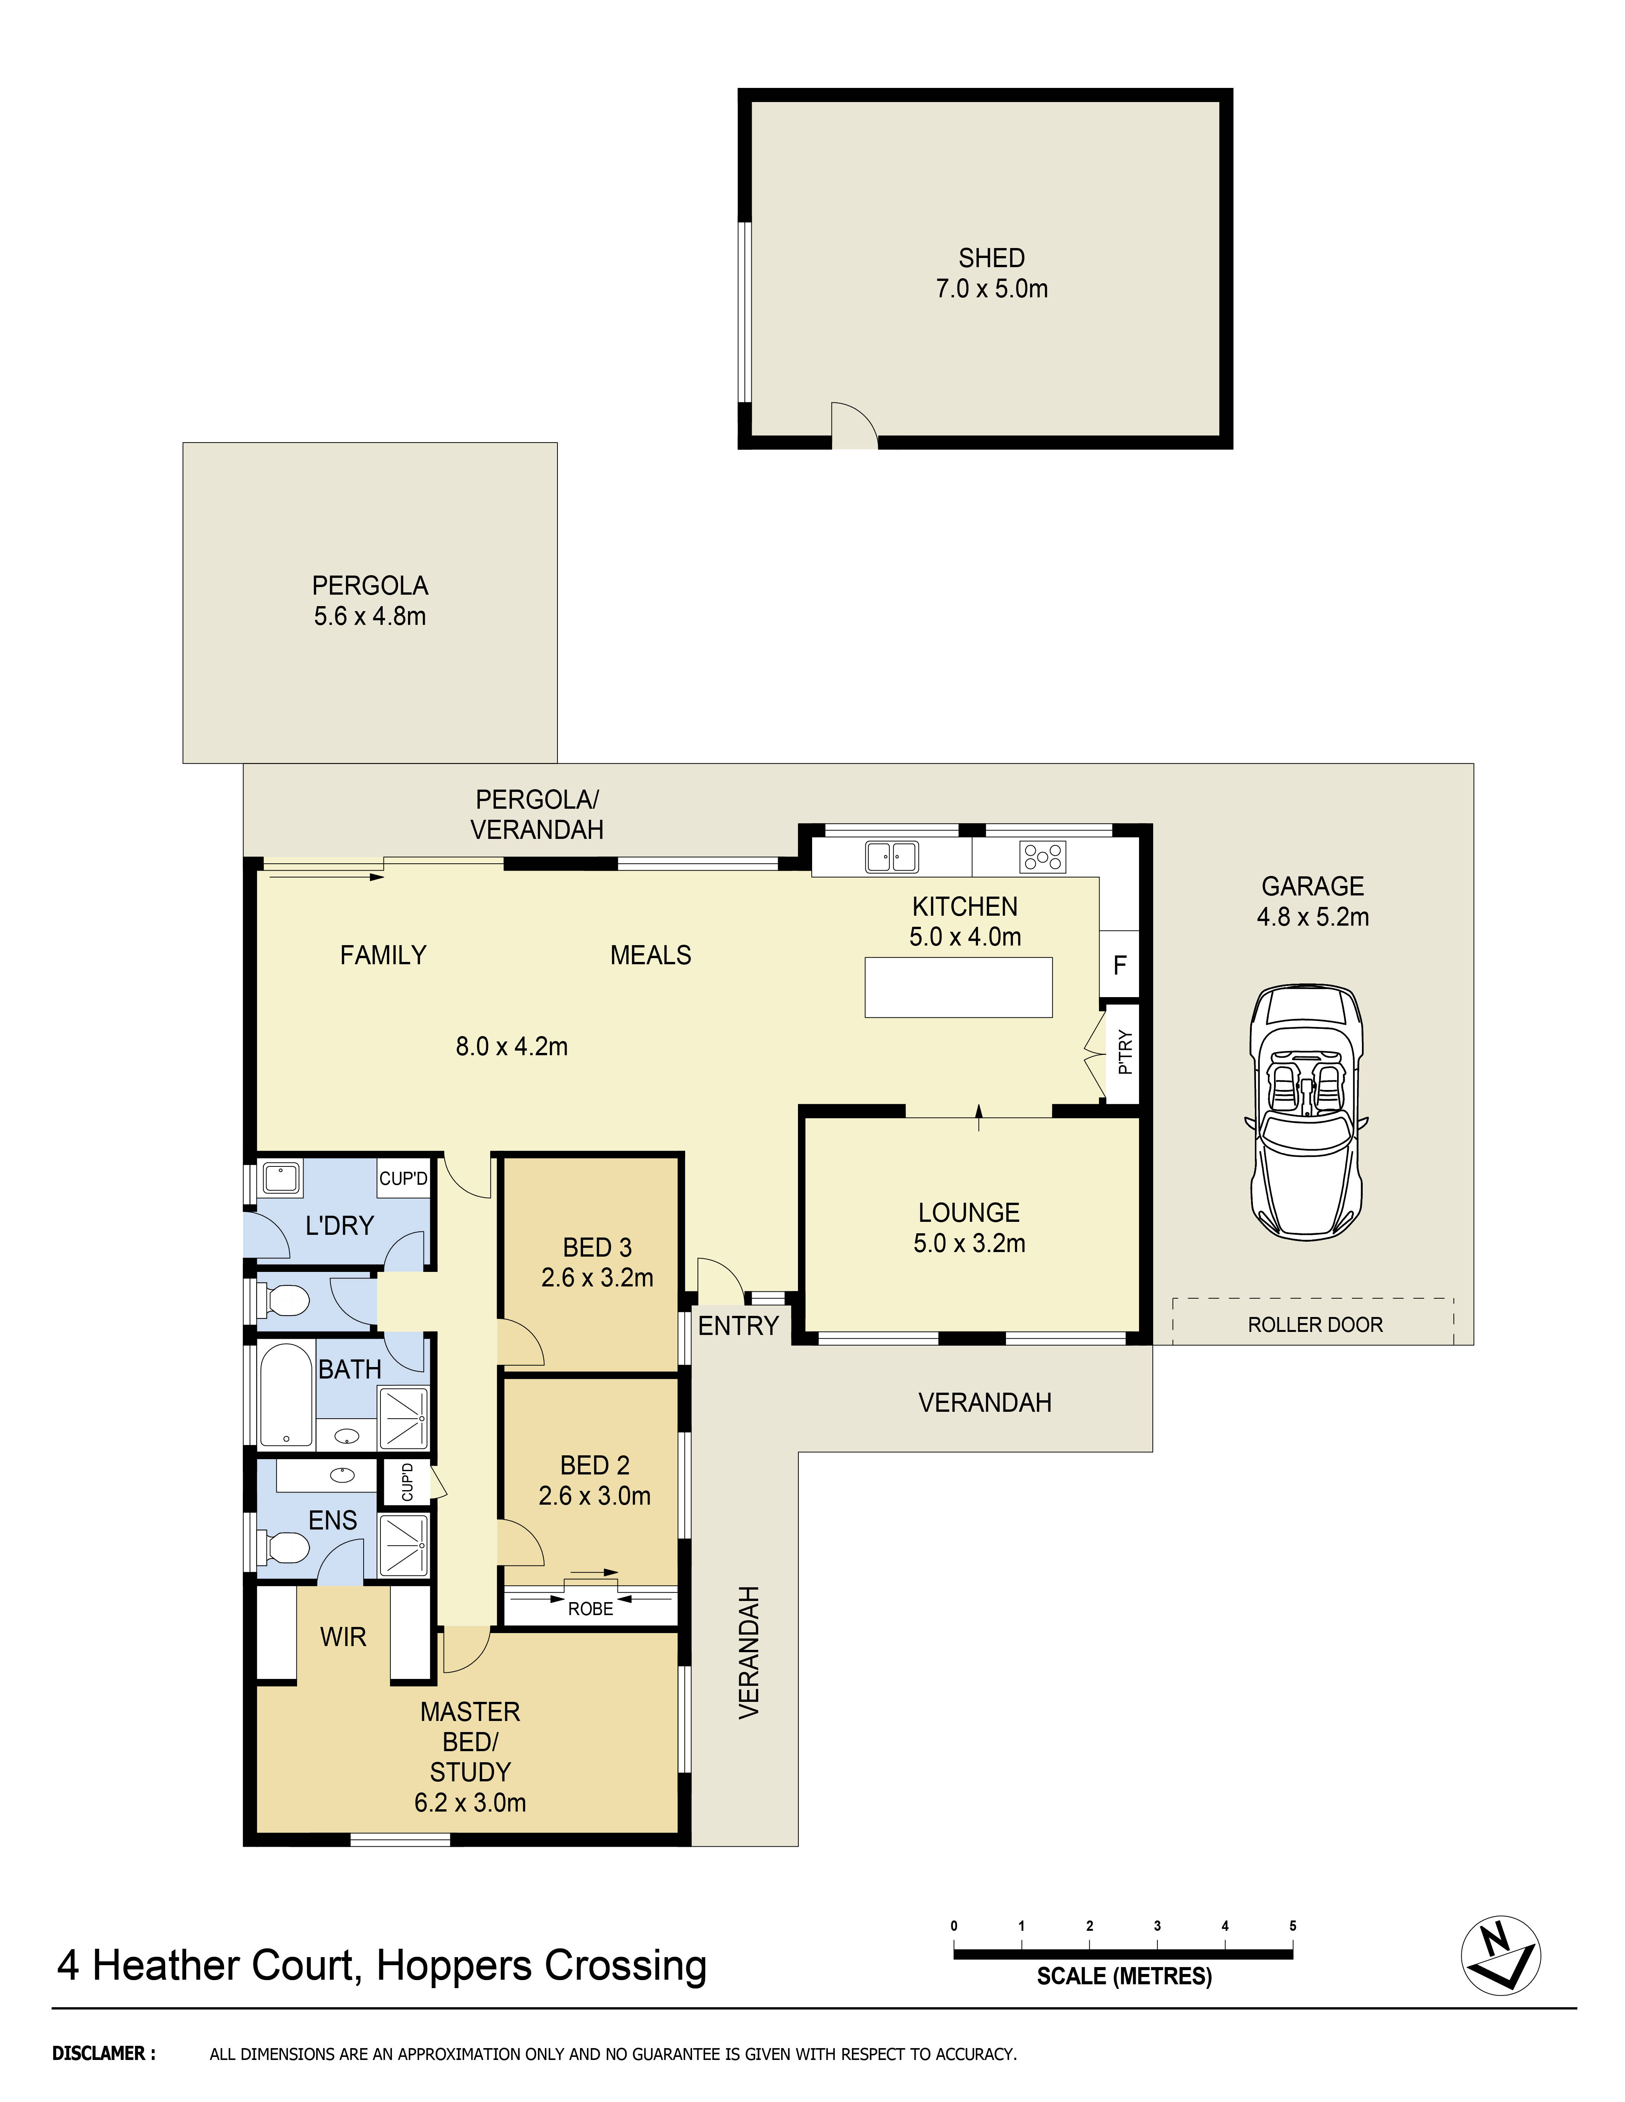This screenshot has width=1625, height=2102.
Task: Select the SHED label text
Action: click(991, 258)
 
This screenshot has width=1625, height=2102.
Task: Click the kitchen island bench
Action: click(958, 986)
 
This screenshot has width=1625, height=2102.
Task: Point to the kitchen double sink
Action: click(891, 856)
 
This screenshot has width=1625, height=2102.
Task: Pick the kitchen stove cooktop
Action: click(1043, 856)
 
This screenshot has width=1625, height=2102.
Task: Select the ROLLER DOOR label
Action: click(1314, 1324)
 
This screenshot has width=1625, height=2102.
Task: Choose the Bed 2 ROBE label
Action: click(590, 1608)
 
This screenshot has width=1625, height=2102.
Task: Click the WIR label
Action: click(343, 1636)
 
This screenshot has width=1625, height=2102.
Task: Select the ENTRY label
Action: click(738, 1325)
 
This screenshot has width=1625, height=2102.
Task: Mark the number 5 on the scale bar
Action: click(1292, 1925)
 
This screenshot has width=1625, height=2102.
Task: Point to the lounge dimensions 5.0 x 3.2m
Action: click(968, 1242)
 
